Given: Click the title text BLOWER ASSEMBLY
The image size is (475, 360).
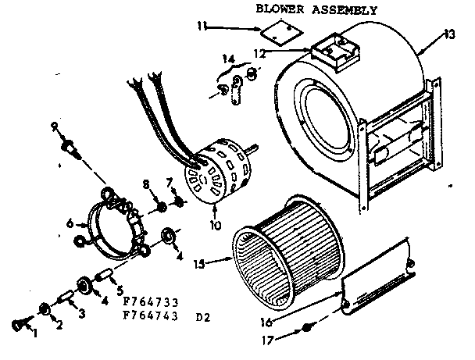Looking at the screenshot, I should pyautogui.click(x=316, y=10).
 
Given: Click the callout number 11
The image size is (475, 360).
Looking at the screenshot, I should pyautogui.click(x=201, y=26).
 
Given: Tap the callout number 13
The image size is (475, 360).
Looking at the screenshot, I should pyautogui.click(x=448, y=34).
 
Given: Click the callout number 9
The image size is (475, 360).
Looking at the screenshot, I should pyautogui.click(x=55, y=127).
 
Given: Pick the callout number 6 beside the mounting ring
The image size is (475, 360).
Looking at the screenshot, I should pyautogui.click(x=70, y=223).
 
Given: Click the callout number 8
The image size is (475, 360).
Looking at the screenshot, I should pyautogui.click(x=145, y=184).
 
